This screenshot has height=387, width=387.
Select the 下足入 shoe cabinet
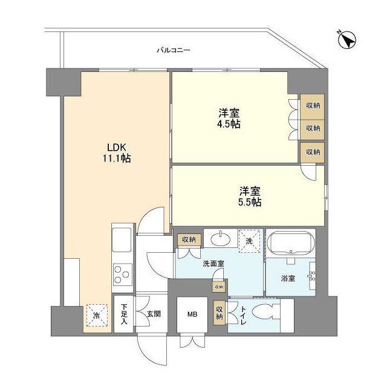click(x=123, y=314)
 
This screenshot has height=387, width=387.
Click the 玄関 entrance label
click(x=154, y=314)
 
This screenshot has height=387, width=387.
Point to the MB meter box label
click(x=192, y=314)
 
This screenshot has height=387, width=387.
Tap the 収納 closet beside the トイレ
click(x=219, y=313)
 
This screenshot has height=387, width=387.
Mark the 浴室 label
click(x=288, y=279)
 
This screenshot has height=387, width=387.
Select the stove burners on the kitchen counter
click(x=123, y=274)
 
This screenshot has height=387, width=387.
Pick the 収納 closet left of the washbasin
click(x=188, y=239)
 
